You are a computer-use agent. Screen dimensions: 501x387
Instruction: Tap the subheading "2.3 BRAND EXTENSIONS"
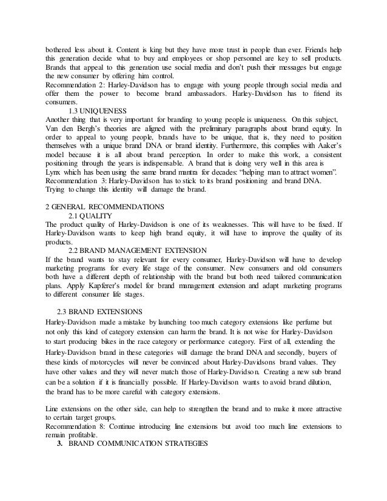click(97, 310)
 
